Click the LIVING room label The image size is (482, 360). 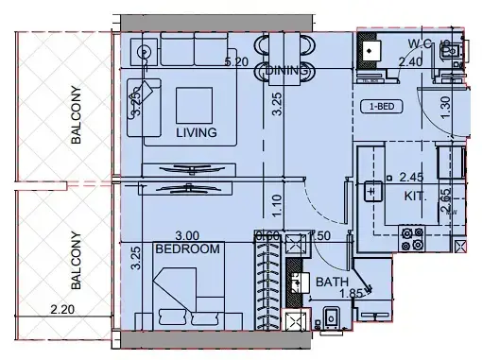(197, 133)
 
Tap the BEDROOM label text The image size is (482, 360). (187, 249)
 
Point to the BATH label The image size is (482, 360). (332, 282)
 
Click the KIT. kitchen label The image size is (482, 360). (415, 197)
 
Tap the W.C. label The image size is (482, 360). (421, 43)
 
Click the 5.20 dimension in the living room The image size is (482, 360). (236, 62)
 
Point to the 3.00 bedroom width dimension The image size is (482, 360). (189, 236)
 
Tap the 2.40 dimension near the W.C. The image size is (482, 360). (410, 62)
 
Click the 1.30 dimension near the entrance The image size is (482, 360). (445, 106)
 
